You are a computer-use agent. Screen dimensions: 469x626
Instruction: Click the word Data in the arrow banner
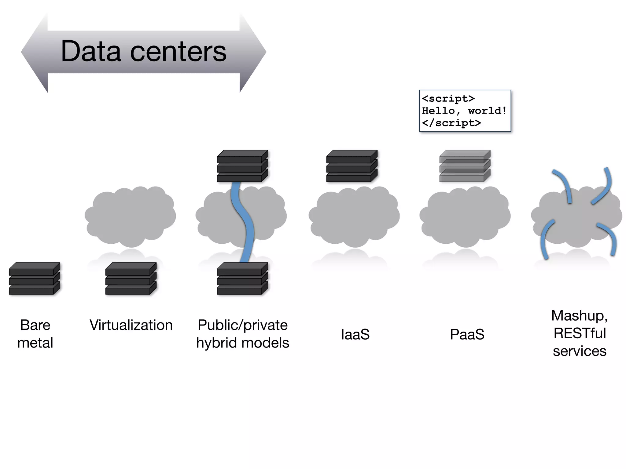pos(91,51)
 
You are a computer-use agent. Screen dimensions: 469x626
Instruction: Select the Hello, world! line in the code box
pos(464,111)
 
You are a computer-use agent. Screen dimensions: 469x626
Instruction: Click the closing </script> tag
pos(451,123)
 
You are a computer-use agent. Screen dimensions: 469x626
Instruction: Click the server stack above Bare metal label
pos(35,278)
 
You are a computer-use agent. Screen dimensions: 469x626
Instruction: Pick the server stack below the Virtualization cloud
pos(131,278)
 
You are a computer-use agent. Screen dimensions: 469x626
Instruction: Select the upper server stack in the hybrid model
pos(242,166)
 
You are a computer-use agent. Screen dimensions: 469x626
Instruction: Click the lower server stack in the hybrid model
pos(242,278)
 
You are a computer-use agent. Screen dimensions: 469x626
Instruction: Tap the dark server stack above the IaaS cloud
pos(352,166)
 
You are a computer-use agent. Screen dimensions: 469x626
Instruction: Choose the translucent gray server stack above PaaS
pos(465,166)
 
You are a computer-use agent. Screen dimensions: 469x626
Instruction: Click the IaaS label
pos(355,334)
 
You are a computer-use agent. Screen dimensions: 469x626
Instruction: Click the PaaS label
pos(467,334)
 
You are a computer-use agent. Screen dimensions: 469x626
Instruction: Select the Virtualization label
pos(131,325)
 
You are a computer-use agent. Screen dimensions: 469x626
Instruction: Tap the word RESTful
pos(580,333)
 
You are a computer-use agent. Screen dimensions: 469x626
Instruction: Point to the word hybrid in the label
pos(215,343)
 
